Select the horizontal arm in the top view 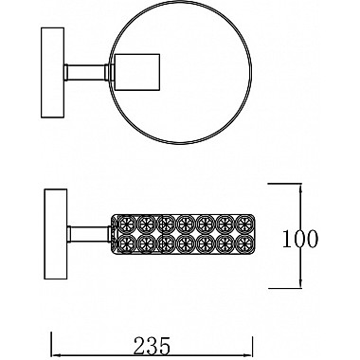click(x=84, y=69)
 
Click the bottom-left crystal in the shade click(x=123, y=243)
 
